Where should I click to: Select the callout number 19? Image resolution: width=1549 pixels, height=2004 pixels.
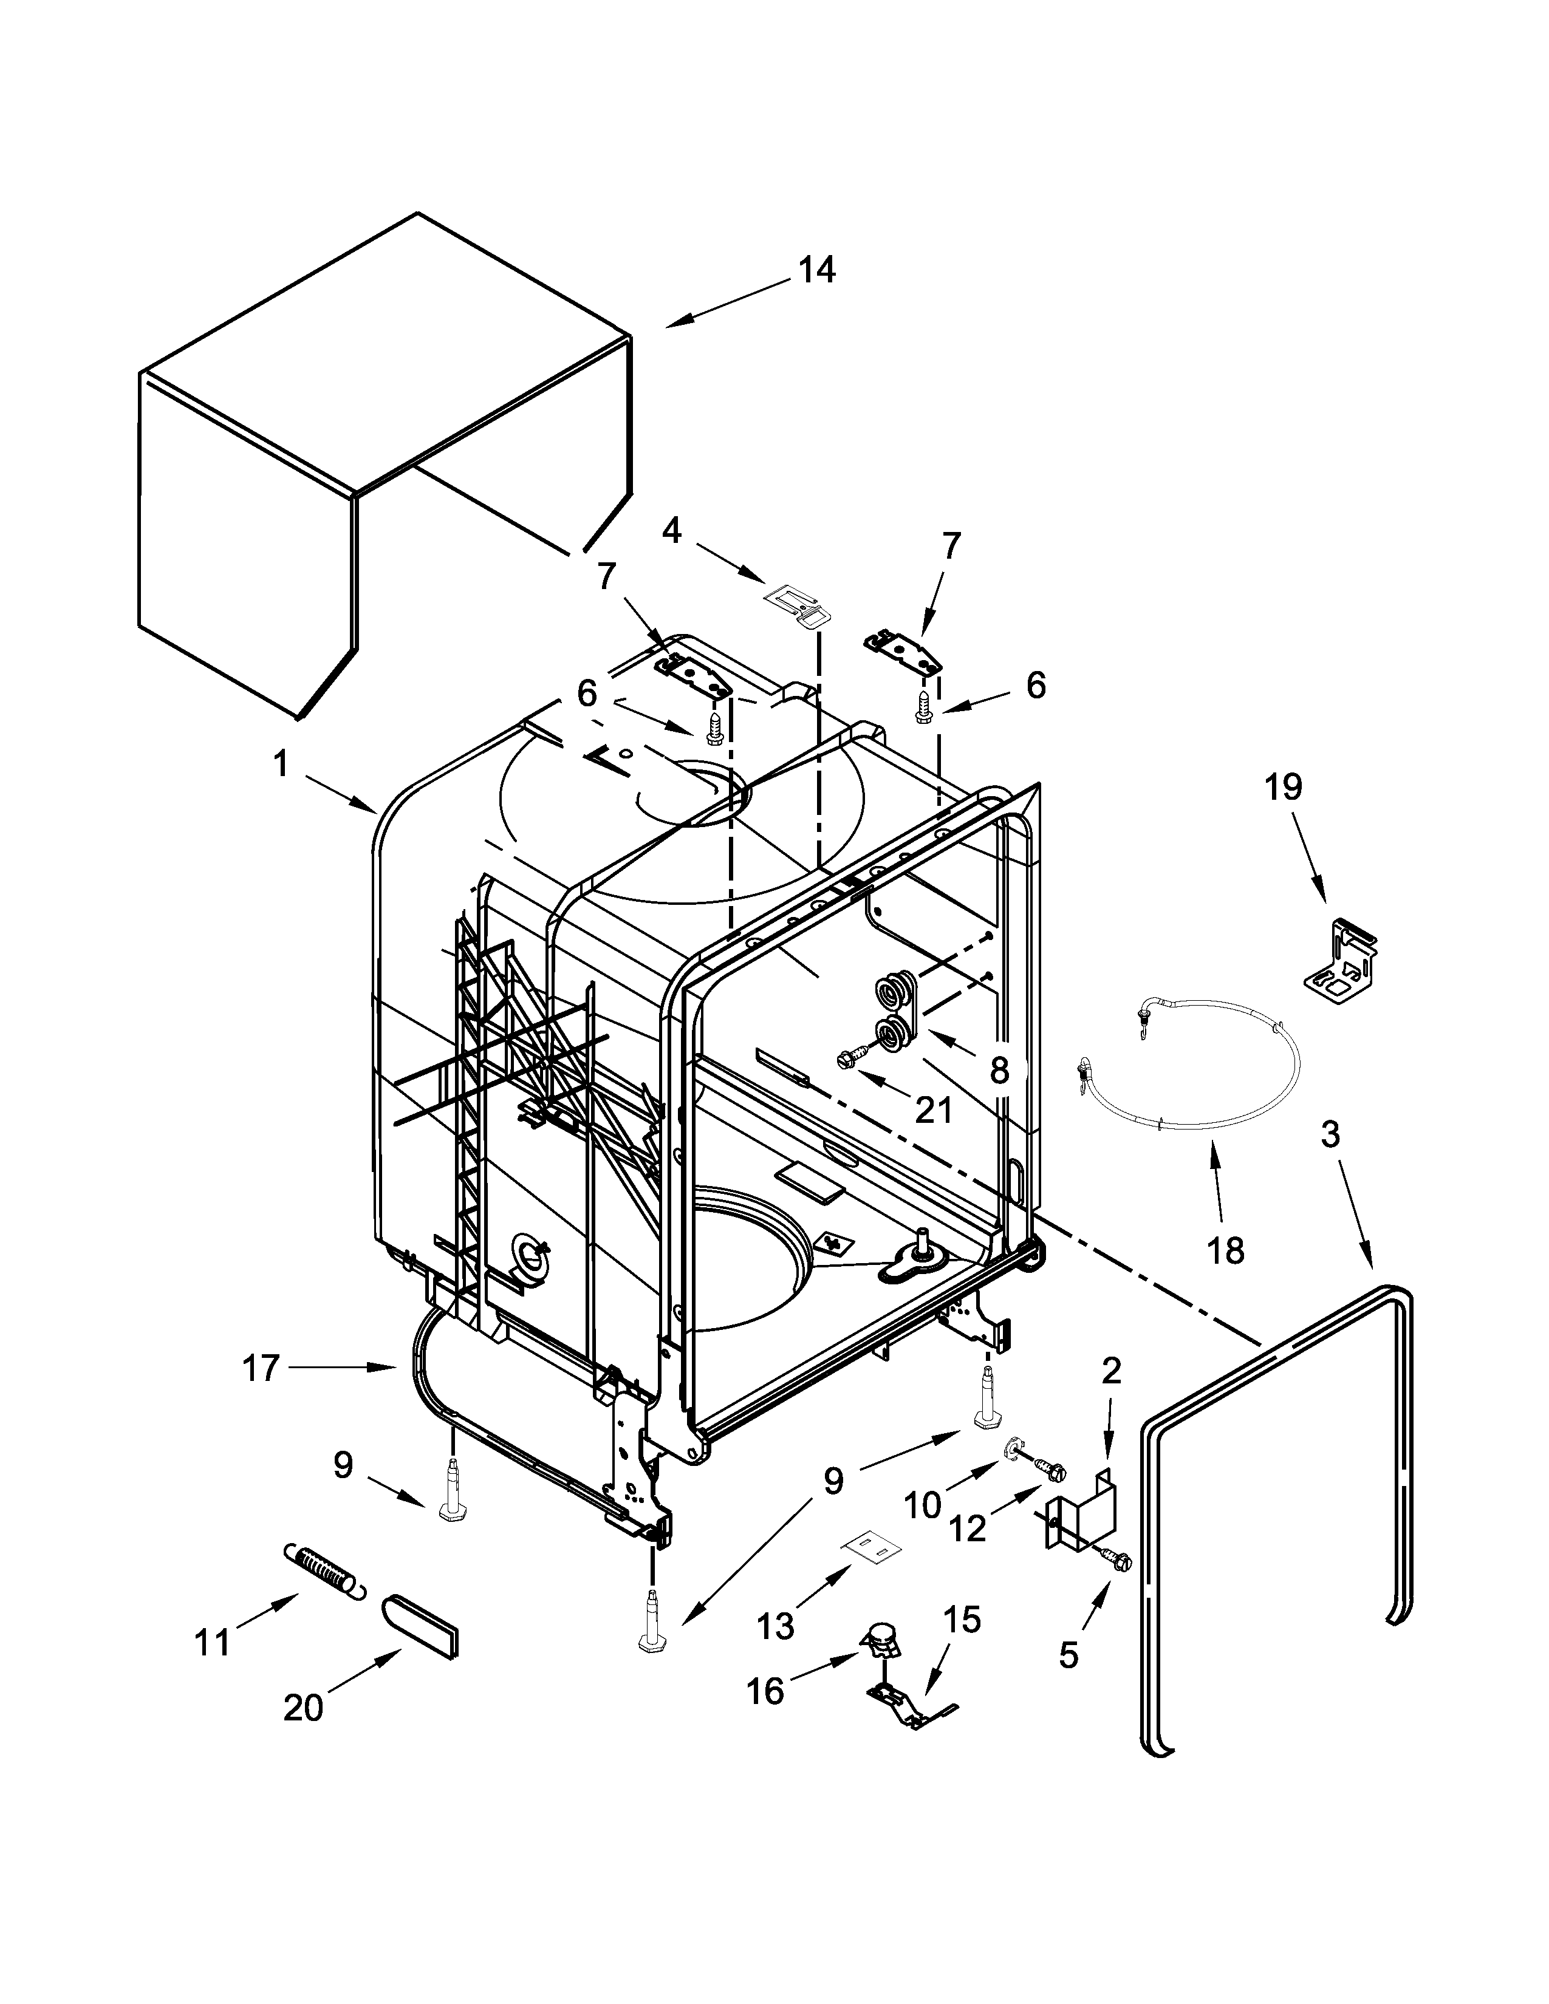point(1283,786)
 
